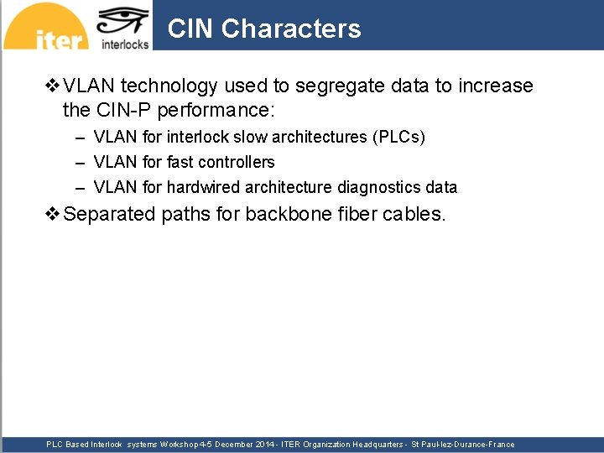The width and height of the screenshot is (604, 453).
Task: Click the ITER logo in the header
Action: click(46, 28)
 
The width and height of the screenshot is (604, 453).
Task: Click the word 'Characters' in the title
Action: click(291, 29)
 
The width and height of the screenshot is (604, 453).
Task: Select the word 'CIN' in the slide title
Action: click(190, 29)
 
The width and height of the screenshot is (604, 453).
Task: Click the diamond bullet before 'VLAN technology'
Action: click(52, 86)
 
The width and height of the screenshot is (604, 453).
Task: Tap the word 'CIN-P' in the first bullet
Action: click(132, 110)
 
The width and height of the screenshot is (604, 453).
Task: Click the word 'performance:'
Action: click(227, 110)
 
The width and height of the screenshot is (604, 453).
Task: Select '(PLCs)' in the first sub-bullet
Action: click(398, 137)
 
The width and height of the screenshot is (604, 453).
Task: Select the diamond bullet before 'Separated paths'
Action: click(52, 214)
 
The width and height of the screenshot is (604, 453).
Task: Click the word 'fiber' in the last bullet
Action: click(355, 214)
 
